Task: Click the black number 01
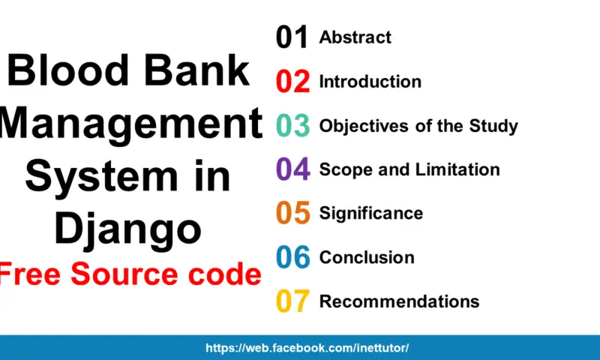pyautogui.click(x=292, y=37)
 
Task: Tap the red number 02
pyautogui.click(x=292, y=82)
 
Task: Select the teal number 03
pyautogui.click(x=292, y=125)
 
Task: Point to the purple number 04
pyautogui.click(x=293, y=169)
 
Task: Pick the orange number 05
pyautogui.click(x=293, y=213)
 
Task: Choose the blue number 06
pyautogui.click(x=293, y=257)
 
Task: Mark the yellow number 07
pyautogui.click(x=292, y=301)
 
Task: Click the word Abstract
pyautogui.click(x=355, y=37)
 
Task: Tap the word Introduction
pyautogui.click(x=370, y=82)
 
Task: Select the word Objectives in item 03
pyautogui.click(x=364, y=126)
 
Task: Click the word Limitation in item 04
pyautogui.click(x=457, y=169)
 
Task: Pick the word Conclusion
pyautogui.click(x=367, y=257)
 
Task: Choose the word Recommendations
pyautogui.click(x=399, y=301)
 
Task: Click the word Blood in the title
pyautogui.click(x=68, y=70)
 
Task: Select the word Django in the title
pyautogui.click(x=127, y=229)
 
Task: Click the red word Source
pyautogui.click(x=124, y=274)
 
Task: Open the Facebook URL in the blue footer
pyautogui.click(x=307, y=348)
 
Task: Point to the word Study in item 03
pyautogui.click(x=493, y=126)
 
